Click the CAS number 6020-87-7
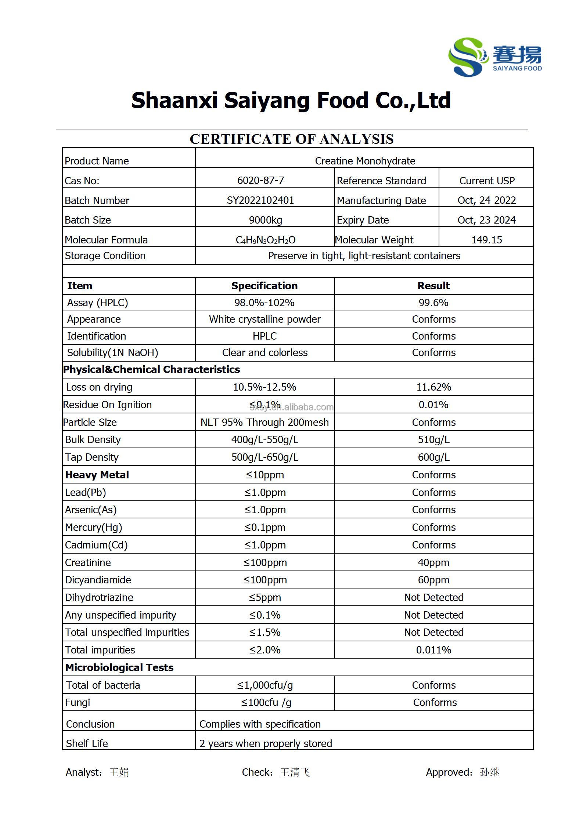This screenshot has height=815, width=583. pyautogui.click(x=260, y=180)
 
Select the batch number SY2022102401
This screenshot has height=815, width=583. pyautogui.click(x=260, y=200)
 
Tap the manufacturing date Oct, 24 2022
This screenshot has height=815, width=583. pyautogui.click(x=486, y=200)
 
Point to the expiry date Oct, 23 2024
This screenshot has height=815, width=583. pyautogui.click(x=486, y=220)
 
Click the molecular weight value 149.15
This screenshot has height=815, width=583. pyautogui.click(x=486, y=240)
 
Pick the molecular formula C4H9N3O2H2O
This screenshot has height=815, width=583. pyautogui.click(x=265, y=240)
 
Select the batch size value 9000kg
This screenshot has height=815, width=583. pyautogui.click(x=265, y=220)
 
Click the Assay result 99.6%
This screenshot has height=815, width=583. pyautogui.click(x=433, y=303)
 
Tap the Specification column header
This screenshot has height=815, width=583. pyautogui.click(x=264, y=286)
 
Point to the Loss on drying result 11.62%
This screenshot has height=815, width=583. pyautogui.click(x=433, y=387)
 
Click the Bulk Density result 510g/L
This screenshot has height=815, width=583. pyautogui.click(x=433, y=439)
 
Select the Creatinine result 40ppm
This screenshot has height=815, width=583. pyautogui.click(x=433, y=562)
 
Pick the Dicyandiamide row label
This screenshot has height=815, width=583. pyautogui.click(x=98, y=580)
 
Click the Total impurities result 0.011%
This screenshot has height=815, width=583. pyautogui.click(x=433, y=650)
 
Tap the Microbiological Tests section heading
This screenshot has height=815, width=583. pyautogui.click(x=119, y=667)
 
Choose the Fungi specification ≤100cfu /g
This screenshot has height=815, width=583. pyautogui.click(x=266, y=702)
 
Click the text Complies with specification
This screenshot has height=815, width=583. pyautogui.click(x=260, y=724)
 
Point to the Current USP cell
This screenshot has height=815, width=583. pyautogui.click(x=487, y=181)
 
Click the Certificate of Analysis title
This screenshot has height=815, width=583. pyautogui.click(x=291, y=139)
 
